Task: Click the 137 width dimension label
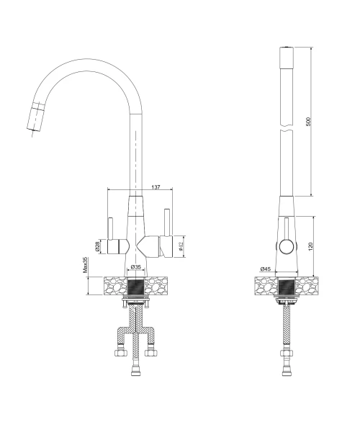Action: point(156,187)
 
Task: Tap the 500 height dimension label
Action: point(308,122)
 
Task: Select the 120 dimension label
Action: point(311,246)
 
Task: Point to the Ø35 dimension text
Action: point(136,266)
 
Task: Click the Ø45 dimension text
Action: point(265,269)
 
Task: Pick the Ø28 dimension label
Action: point(97,246)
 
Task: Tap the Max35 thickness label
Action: point(85,265)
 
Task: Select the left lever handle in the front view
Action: point(110,229)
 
